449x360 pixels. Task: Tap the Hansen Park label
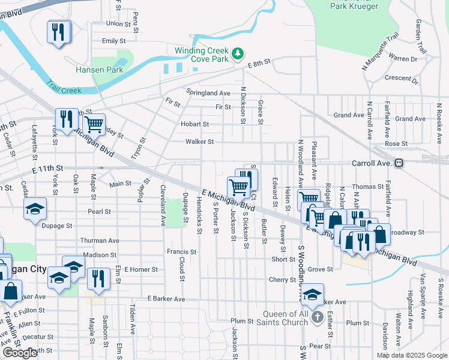pyautogui.click(x=99, y=70)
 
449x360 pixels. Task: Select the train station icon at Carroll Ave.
pyautogui.click(x=399, y=163)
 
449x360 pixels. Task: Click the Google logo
pyautogui.click(x=20, y=353)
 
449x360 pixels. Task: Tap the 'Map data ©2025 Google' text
pyautogui.click(x=412, y=355)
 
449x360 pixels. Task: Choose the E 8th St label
pyautogui.click(x=259, y=62)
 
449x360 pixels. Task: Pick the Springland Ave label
pyautogui.click(x=208, y=93)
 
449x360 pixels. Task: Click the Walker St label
pyautogui.click(x=200, y=142)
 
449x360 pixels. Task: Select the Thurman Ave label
pyautogui.click(x=100, y=240)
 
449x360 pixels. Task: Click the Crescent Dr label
pyautogui.click(x=402, y=79)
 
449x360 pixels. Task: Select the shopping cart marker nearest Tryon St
pyautogui.click(x=93, y=125)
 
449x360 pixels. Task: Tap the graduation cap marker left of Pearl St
pyautogui.click(x=35, y=209)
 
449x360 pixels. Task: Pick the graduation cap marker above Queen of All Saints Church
pyautogui.click(x=312, y=295)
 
